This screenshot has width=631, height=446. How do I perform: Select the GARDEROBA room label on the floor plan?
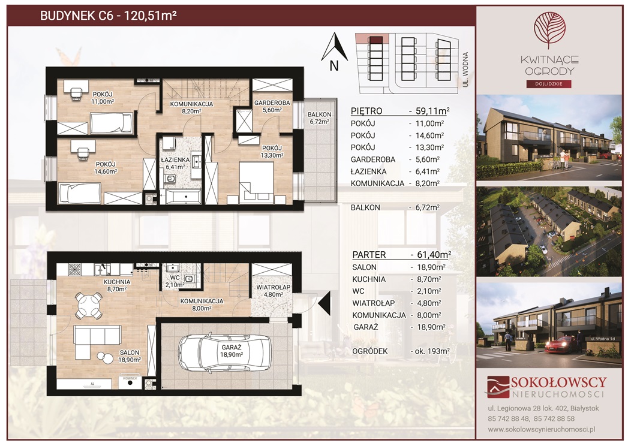point(272,103)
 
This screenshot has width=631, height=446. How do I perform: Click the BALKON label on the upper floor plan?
point(320,114)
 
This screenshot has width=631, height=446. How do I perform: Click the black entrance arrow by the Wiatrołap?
point(324,304)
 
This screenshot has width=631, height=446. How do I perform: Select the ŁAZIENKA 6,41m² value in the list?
point(428,171)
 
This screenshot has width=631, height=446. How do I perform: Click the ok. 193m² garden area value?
point(430,351)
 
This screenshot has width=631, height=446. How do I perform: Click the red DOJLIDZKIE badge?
point(549,84)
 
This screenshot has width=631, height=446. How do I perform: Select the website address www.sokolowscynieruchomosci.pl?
point(542,429)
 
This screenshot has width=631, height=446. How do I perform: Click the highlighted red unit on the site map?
point(375,40)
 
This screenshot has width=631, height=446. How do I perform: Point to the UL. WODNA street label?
point(465,69)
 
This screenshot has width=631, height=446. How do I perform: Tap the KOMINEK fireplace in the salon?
point(130,382)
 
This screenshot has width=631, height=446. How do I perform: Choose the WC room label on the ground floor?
point(175,278)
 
